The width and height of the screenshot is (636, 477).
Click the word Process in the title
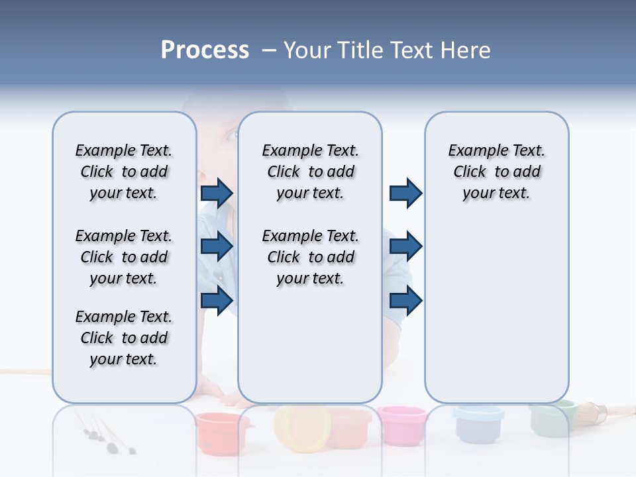tap(205, 50)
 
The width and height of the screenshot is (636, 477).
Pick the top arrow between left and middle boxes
tap(217, 193)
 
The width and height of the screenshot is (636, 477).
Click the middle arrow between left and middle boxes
tap(217, 246)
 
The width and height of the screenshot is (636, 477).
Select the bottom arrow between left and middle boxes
tap(217, 300)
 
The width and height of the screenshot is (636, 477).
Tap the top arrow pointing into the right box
tap(405, 193)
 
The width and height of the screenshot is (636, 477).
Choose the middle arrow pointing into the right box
tap(405, 246)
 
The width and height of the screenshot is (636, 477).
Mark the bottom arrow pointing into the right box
tap(405, 300)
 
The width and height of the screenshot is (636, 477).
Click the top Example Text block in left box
tap(124, 172)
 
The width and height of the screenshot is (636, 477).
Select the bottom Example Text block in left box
tap(124, 338)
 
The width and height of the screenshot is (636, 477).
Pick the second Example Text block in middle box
tap(310, 257)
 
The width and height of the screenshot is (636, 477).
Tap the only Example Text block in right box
tap(496, 172)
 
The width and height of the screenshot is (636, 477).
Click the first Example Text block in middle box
tap(310, 172)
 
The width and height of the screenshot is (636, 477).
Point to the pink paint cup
tap(402, 425)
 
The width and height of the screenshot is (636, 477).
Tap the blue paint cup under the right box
tap(478, 422)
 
